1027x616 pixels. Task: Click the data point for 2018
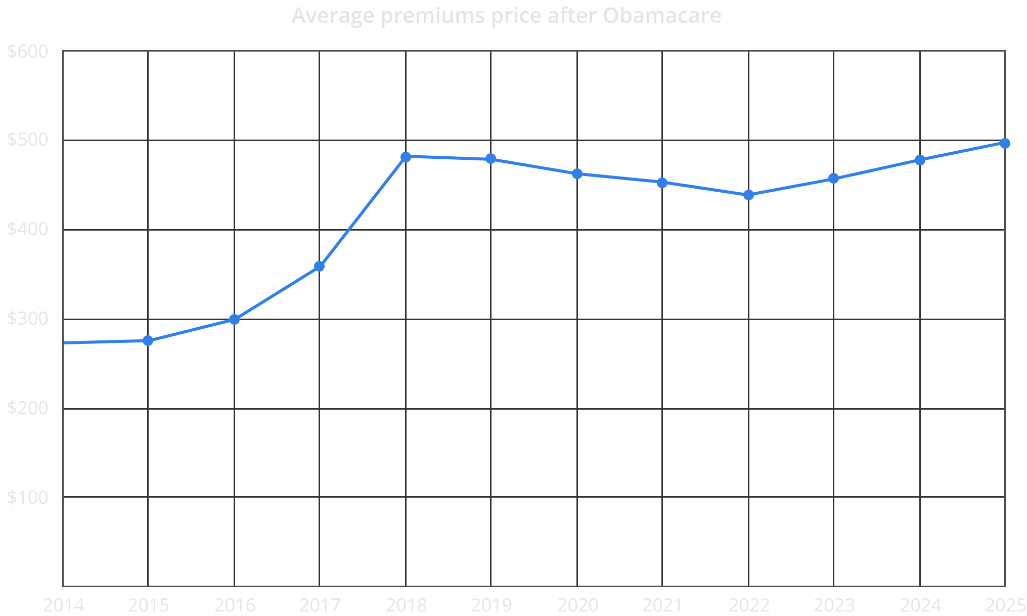pyautogui.click(x=406, y=157)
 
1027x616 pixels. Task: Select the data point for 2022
pyautogui.click(x=748, y=195)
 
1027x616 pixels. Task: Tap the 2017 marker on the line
pyautogui.click(x=319, y=267)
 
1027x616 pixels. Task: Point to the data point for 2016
pyautogui.click(x=234, y=319)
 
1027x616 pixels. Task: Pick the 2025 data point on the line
pyautogui.click(x=1005, y=143)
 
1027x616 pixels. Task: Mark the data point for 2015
pyautogui.click(x=148, y=340)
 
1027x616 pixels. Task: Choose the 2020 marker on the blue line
pyautogui.click(x=577, y=173)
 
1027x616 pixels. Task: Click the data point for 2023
pyautogui.click(x=833, y=179)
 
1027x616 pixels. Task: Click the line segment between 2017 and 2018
pyautogui.click(x=362, y=212)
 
